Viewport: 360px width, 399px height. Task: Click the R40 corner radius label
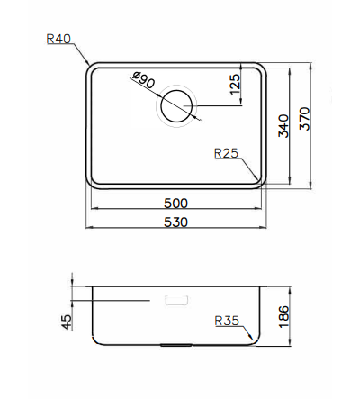(58, 39)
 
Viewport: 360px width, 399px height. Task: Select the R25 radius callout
(226, 153)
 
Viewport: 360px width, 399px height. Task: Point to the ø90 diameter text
(143, 83)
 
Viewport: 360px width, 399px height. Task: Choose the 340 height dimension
(283, 126)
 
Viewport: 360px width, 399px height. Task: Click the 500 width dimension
(176, 203)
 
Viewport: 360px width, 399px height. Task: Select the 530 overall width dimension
(176, 222)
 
